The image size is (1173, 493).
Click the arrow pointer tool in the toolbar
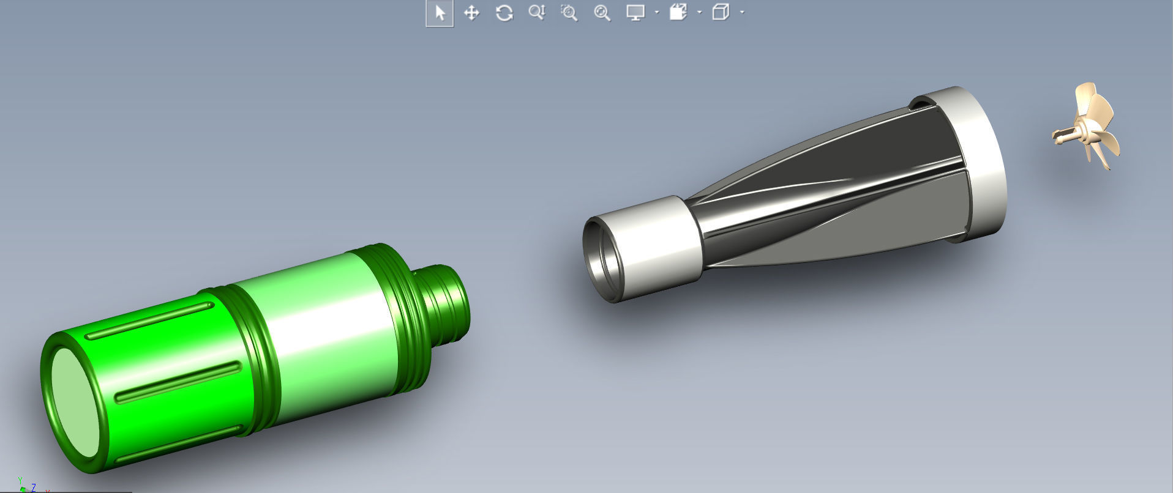[440, 13]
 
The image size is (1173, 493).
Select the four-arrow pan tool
[471, 13]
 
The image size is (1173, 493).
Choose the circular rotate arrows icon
[504, 13]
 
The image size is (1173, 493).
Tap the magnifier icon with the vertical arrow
[536, 12]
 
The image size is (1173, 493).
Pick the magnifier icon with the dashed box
[569, 13]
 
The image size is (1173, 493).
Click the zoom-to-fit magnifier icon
[602, 13]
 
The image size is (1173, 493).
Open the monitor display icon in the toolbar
[635, 12]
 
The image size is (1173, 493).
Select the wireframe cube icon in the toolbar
[721, 12]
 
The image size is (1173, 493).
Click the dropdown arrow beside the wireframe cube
[742, 12]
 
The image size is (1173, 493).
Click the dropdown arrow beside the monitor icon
[657, 12]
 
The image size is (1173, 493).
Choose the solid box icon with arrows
[678, 12]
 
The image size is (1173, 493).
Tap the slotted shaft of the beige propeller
[1064, 135]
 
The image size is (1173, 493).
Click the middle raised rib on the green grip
[178, 382]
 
